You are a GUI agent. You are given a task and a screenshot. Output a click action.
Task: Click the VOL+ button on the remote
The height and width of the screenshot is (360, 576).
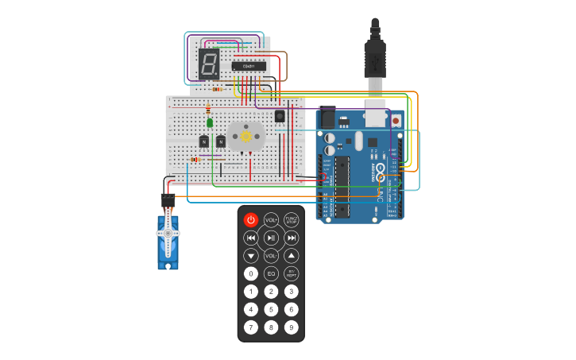(x=271, y=220)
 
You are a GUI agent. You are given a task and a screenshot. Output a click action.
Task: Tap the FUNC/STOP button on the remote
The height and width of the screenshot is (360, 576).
(x=292, y=220)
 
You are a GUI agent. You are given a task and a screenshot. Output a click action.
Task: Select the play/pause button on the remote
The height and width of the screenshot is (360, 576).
(x=271, y=238)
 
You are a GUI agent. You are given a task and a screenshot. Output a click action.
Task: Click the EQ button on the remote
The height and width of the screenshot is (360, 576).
(x=271, y=273)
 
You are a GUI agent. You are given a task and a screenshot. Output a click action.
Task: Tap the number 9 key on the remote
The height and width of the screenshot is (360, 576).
(x=292, y=327)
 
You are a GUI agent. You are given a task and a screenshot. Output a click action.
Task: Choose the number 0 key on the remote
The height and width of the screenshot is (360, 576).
(x=251, y=273)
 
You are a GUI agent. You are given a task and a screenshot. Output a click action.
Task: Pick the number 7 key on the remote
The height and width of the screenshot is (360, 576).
(x=251, y=327)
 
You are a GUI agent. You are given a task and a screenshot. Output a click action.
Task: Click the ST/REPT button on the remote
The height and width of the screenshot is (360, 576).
(x=292, y=273)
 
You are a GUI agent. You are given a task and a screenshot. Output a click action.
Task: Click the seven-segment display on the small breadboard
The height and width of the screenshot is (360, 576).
(x=209, y=64)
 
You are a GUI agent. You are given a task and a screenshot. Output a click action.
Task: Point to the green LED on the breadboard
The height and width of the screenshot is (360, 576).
(x=210, y=122)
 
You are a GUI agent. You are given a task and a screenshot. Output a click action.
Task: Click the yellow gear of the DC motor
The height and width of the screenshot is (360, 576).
(x=245, y=137)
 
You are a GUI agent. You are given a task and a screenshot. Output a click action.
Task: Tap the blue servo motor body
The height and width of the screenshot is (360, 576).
(x=168, y=242)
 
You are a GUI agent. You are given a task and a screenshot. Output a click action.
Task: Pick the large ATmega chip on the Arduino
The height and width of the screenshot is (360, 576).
(x=342, y=187)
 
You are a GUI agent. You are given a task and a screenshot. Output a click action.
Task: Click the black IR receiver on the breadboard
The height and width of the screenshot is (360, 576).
(x=280, y=117)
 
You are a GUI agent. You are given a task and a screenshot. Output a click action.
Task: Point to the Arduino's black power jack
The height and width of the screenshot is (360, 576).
(x=327, y=117)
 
